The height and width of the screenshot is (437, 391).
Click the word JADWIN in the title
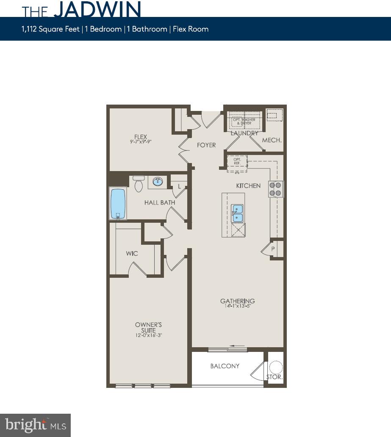97,10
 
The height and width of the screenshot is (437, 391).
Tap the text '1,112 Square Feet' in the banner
51,29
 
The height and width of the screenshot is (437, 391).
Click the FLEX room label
141,136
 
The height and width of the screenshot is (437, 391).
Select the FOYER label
206,145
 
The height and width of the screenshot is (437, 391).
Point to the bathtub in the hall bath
118,204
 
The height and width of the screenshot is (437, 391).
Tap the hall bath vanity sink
158,182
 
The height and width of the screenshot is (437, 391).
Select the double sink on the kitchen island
237,213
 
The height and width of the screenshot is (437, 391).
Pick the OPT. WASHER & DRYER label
242,122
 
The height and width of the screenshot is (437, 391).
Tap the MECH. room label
272,140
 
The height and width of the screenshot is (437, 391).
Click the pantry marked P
273,249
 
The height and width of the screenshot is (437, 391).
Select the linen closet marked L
179,186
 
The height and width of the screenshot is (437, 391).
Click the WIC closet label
132,253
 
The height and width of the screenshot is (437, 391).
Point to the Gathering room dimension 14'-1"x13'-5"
237,307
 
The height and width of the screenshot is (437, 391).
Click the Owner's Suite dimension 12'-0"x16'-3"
148,335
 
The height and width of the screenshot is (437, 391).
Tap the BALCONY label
225,366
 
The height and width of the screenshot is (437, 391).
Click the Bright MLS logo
36,425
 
